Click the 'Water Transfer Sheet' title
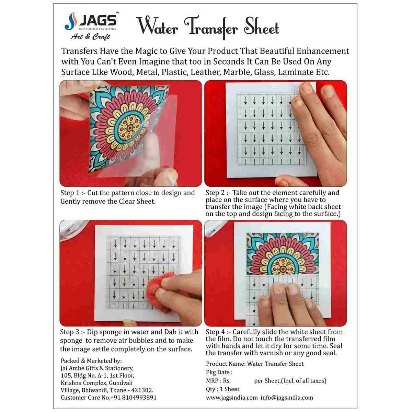(208, 27)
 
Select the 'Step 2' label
(215, 193)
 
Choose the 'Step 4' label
(216, 332)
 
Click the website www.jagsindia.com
(232, 398)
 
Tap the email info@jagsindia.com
(287, 398)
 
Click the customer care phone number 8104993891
(137, 398)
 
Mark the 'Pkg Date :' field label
(219, 372)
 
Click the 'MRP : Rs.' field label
(218, 381)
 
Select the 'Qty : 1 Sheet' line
(223, 389)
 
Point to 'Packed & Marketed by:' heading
(91, 361)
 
